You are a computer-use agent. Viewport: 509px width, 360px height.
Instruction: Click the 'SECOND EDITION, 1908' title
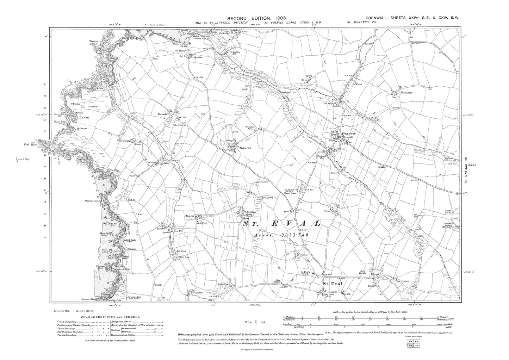pos(257,18)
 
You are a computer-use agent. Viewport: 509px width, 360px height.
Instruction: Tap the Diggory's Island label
pos(93,201)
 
